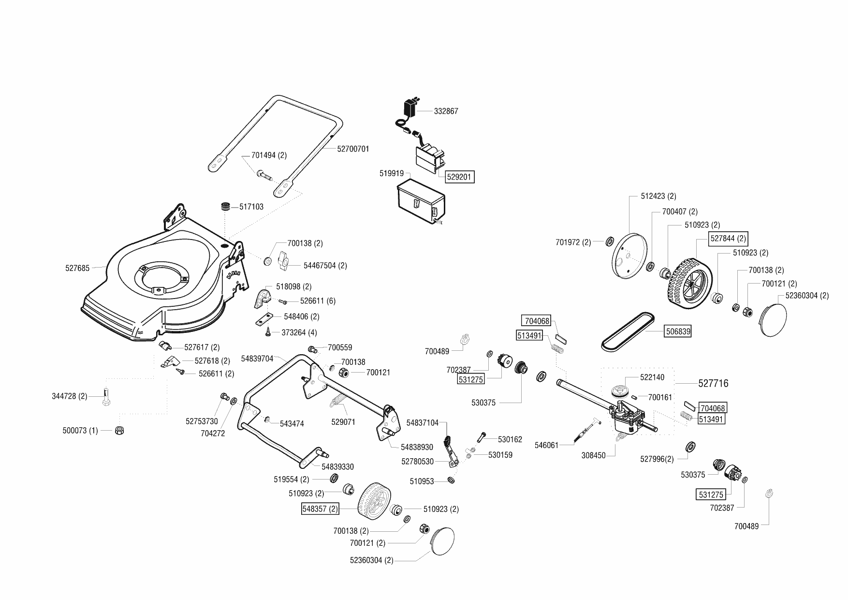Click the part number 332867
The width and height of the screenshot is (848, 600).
click(446, 111)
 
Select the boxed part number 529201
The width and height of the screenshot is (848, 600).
click(459, 178)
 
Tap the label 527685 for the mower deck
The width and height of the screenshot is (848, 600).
click(77, 268)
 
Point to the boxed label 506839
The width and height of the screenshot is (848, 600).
click(678, 331)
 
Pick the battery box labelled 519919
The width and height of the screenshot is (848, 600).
click(420, 203)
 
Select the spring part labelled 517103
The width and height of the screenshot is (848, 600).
click(225, 207)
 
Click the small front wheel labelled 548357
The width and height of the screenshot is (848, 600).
click(375, 499)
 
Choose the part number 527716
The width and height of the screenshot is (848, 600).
click(713, 384)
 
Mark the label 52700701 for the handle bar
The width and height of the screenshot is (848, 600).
click(353, 149)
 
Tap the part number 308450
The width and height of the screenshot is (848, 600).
click(594, 456)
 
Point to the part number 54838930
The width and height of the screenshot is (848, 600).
click(417, 448)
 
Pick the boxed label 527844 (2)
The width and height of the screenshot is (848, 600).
click(728, 239)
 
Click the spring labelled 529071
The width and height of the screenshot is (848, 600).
click(339, 403)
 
